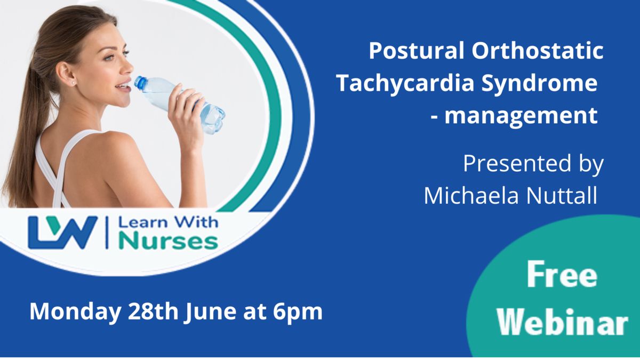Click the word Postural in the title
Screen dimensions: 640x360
point(417,51)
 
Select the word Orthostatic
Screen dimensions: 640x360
point(538,51)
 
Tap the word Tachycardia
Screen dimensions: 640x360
point(405,83)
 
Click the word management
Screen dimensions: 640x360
point(521,115)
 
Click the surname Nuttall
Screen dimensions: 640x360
point(562,196)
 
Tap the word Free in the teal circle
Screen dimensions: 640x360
point(562,275)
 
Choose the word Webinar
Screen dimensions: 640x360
point(562,323)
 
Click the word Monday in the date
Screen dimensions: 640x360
point(75,313)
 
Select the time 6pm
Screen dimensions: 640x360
point(298,313)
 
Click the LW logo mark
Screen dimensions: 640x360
point(63,233)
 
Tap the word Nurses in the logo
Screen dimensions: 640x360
point(169,242)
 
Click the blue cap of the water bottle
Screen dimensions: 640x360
point(140,82)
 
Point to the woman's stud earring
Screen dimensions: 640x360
point(74,83)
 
